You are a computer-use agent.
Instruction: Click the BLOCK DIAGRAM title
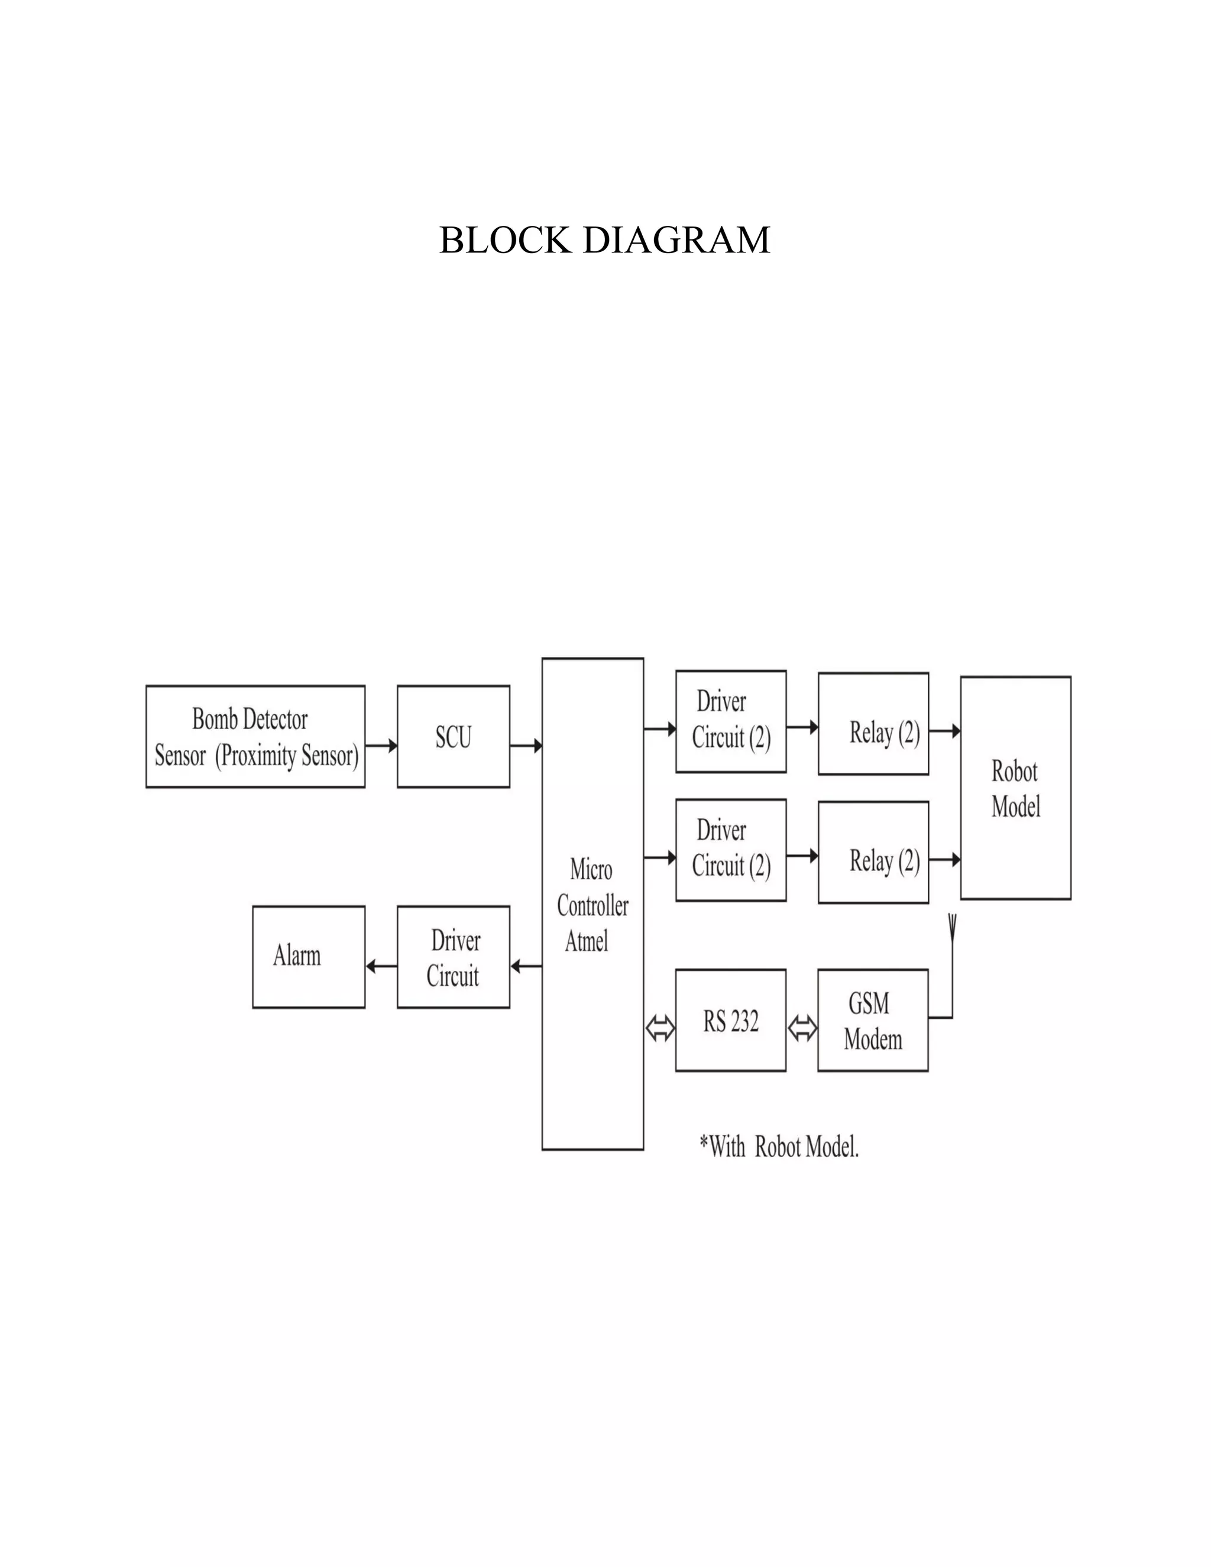(x=604, y=240)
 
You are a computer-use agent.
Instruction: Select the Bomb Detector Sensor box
(x=255, y=737)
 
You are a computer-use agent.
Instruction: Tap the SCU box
(x=454, y=737)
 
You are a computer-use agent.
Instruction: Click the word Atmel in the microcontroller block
(x=587, y=941)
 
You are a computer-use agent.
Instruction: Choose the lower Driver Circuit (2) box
(x=730, y=850)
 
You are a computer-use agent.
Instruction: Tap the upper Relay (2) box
(x=873, y=724)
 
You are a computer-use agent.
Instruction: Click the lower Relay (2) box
(x=873, y=852)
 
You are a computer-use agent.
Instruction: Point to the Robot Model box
(x=1015, y=788)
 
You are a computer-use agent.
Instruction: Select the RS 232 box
(x=730, y=1021)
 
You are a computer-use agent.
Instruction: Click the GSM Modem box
(x=872, y=1021)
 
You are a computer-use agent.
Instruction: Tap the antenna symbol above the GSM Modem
(x=952, y=927)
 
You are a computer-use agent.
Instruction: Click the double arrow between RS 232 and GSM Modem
(x=802, y=1029)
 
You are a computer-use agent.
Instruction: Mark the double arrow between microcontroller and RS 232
(x=660, y=1029)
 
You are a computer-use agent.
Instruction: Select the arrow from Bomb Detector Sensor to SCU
(x=381, y=746)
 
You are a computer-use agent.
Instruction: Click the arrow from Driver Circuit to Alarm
(x=381, y=966)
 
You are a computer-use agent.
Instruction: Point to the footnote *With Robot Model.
(x=779, y=1147)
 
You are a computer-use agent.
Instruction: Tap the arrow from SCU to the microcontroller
(x=526, y=746)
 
